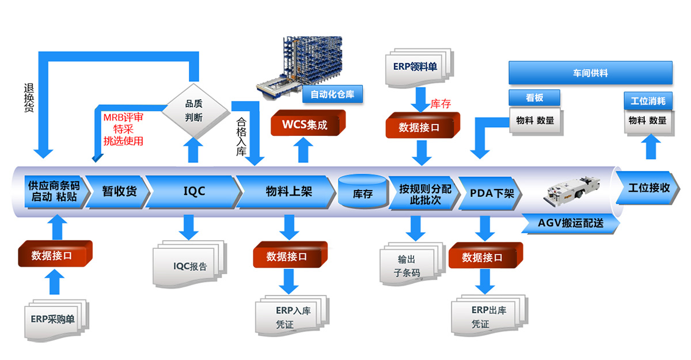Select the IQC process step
[x=193, y=191]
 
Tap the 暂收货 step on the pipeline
[x=119, y=191]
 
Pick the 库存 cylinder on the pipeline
[x=362, y=192]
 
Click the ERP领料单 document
[x=415, y=67]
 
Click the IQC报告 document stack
[x=189, y=266]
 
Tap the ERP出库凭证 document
[x=488, y=317]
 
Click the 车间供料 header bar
[x=590, y=73]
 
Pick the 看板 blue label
[x=534, y=98]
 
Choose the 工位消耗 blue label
[x=648, y=101]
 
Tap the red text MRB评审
[x=123, y=117]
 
